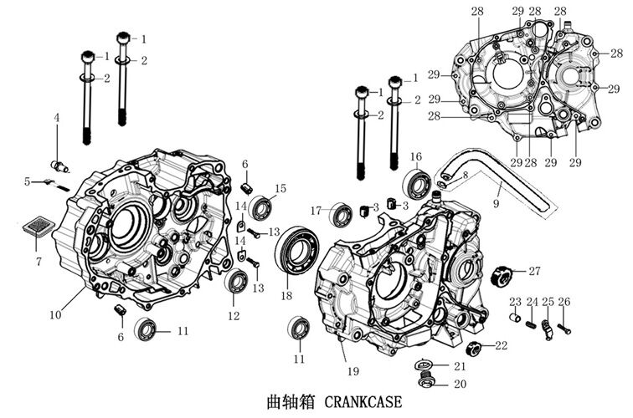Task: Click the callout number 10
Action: point(55,315)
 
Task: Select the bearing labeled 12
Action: point(237,282)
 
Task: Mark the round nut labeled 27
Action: point(504,273)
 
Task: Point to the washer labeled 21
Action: point(425,364)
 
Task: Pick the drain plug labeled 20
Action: point(425,384)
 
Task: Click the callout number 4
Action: point(57,118)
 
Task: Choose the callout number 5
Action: point(28,181)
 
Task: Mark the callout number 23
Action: point(515,301)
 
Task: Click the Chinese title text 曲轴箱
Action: point(288,401)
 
